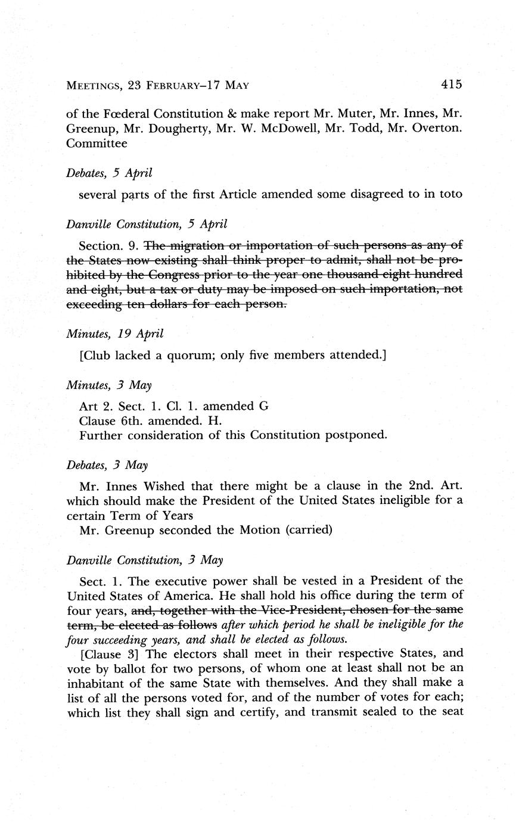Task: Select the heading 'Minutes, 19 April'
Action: tap(114, 334)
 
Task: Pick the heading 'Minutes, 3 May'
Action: tap(108, 385)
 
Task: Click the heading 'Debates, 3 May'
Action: tap(107, 465)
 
